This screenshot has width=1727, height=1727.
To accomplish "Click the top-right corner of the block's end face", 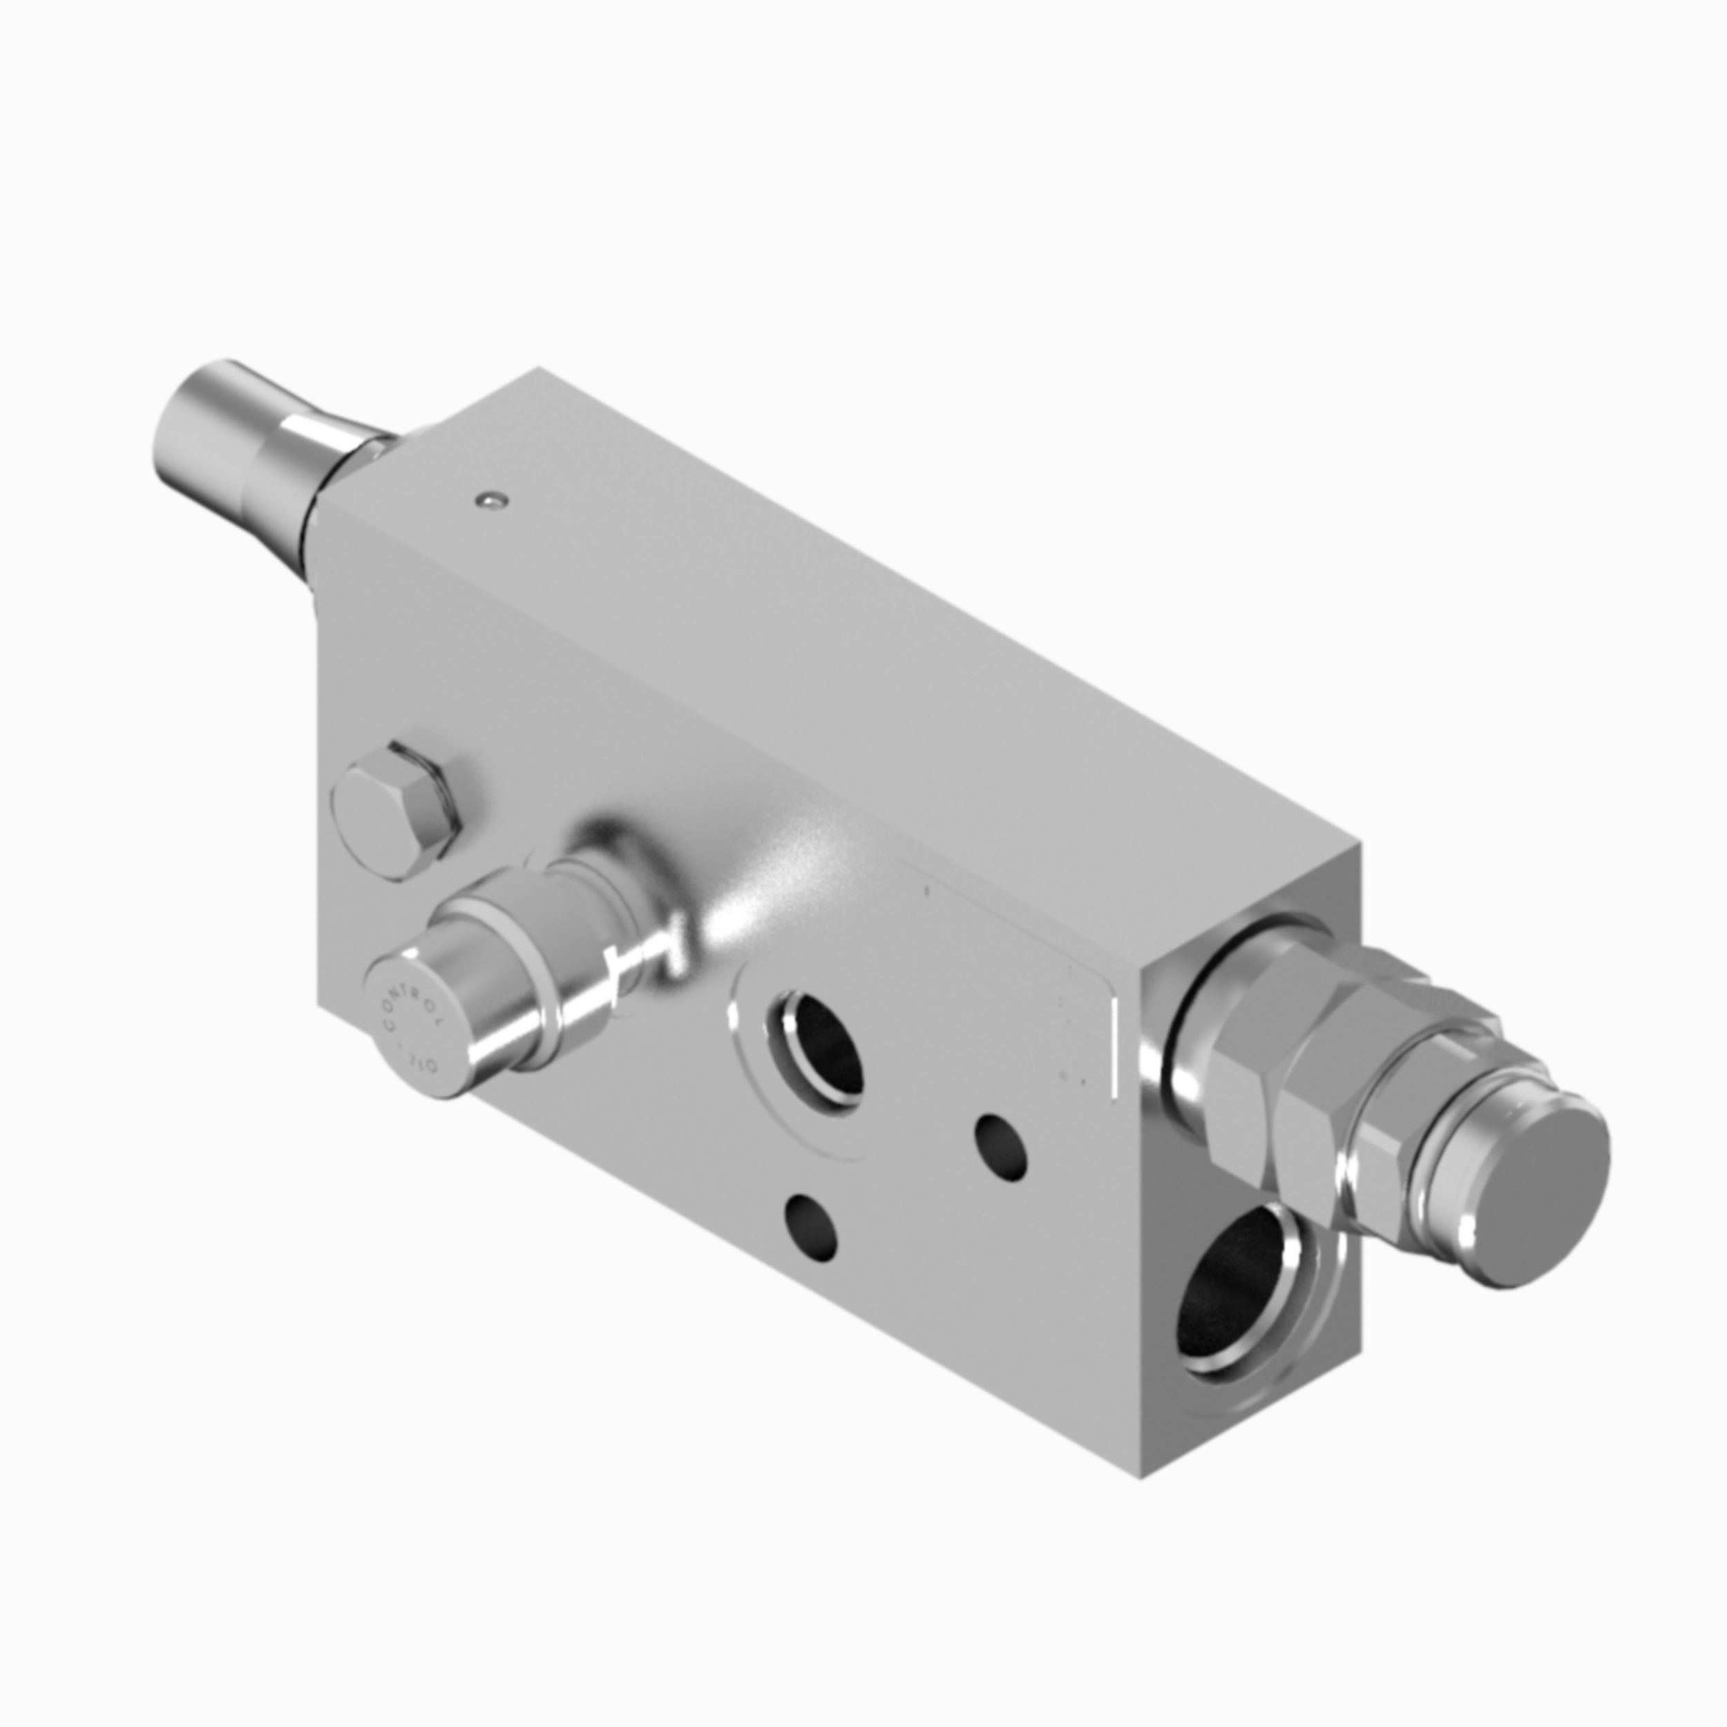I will pos(1359,845).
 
